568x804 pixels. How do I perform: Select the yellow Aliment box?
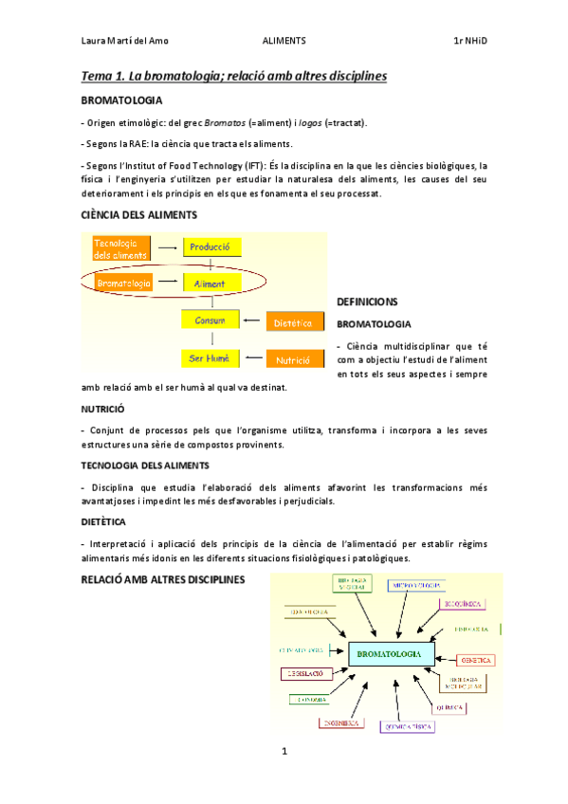211,283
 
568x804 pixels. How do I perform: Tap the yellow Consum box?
211,321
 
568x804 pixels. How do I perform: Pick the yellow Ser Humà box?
211,358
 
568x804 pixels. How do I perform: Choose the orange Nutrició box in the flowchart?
294,360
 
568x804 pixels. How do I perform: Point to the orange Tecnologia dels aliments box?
121,248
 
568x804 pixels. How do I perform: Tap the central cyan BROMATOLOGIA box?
391,653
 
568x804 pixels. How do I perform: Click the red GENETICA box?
476,659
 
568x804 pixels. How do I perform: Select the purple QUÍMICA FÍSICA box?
407,727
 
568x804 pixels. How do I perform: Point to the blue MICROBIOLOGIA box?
413,585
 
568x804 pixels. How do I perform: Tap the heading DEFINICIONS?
367,301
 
